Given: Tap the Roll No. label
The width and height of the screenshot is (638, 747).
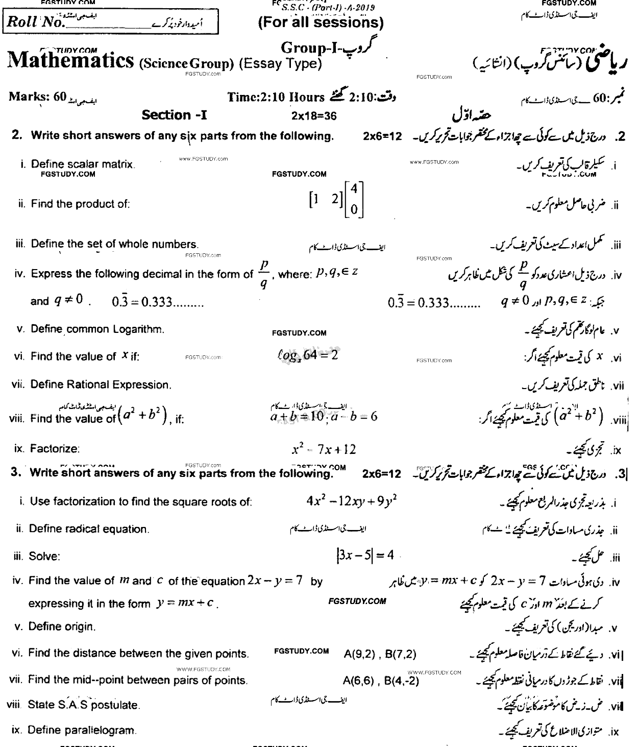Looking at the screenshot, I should (34, 22).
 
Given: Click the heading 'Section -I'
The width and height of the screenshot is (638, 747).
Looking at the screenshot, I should (174, 115).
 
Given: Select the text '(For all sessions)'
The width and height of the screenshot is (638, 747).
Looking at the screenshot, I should (321, 22).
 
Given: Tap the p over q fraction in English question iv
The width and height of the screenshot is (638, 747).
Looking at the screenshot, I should (263, 274).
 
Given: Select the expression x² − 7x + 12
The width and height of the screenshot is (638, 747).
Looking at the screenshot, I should (324, 449).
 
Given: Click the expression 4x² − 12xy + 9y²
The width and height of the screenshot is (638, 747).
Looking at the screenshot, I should (351, 501).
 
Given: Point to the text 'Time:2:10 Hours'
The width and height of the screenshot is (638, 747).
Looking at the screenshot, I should (276, 97).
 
